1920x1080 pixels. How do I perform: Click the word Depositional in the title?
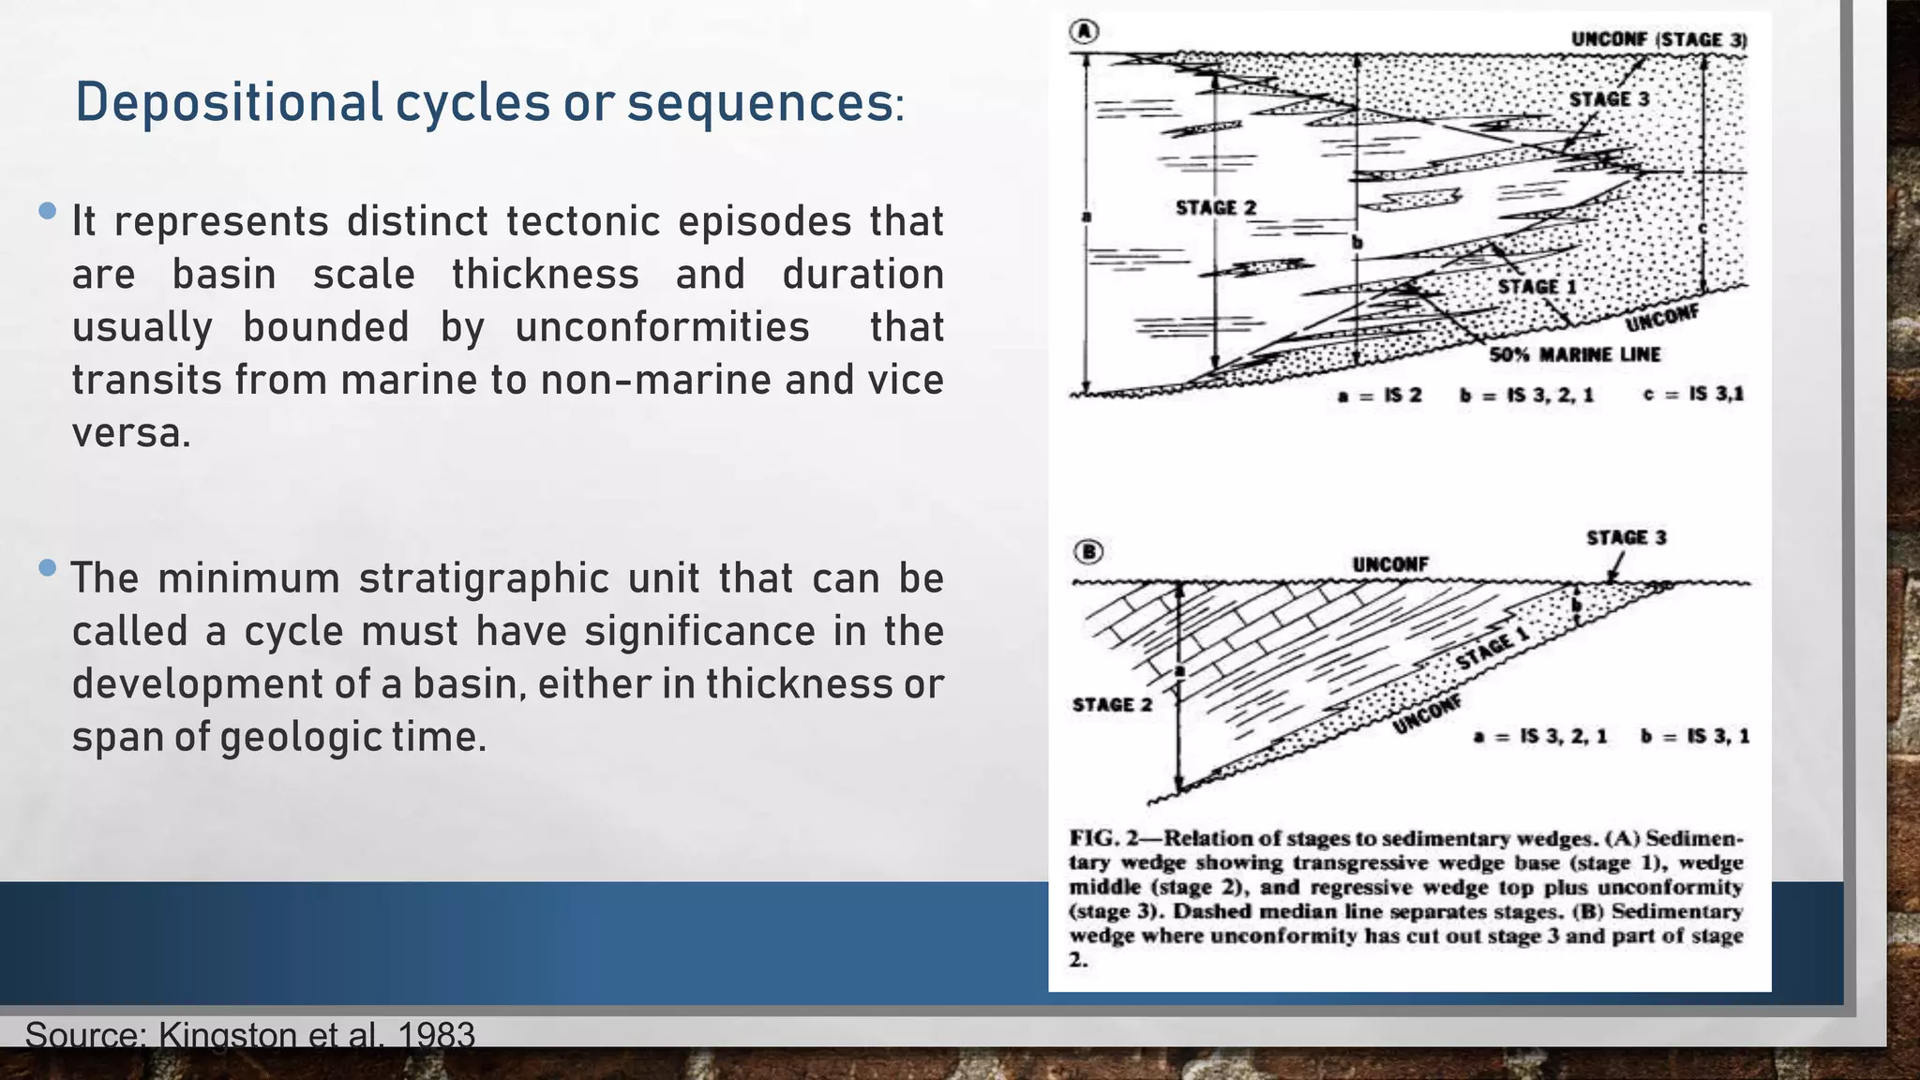pyautogui.click(x=229, y=103)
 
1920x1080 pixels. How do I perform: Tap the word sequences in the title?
pyautogui.click(x=759, y=103)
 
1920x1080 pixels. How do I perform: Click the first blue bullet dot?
pyautogui.click(x=48, y=212)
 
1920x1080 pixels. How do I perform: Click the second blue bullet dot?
pyautogui.click(x=48, y=567)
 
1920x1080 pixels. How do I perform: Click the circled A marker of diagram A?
pyautogui.click(x=1084, y=32)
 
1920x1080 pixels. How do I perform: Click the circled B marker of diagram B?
pyautogui.click(x=1087, y=551)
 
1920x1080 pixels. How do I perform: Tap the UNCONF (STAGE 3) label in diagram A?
pyautogui.click(x=1658, y=39)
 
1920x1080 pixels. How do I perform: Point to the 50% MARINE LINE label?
pyautogui.click(x=1575, y=354)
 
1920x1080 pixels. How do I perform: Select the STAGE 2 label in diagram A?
pyautogui.click(x=1216, y=207)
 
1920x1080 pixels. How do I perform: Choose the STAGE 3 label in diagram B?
pyautogui.click(x=1626, y=537)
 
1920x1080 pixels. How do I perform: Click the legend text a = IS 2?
pyautogui.click(x=1379, y=395)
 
